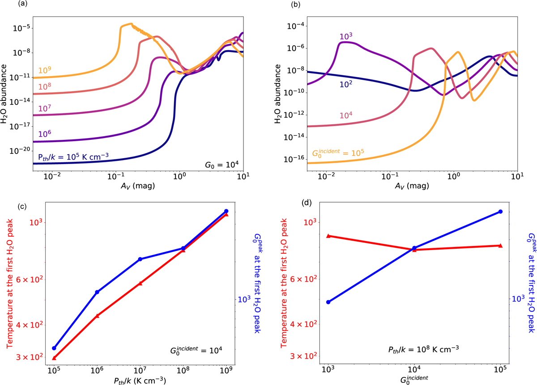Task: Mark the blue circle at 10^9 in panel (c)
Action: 226,211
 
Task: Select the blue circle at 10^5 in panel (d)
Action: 500,212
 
